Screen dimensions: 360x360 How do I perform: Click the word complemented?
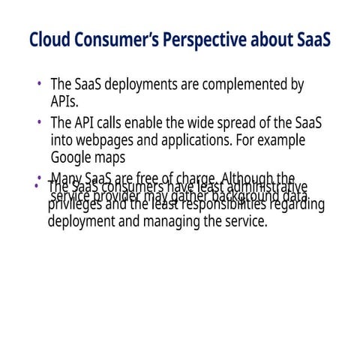(x=243, y=85)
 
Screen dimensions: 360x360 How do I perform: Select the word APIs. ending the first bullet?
(x=65, y=102)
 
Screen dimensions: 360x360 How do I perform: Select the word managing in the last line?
(x=160, y=222)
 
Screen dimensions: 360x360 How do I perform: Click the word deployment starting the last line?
(x=82, y=222)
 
